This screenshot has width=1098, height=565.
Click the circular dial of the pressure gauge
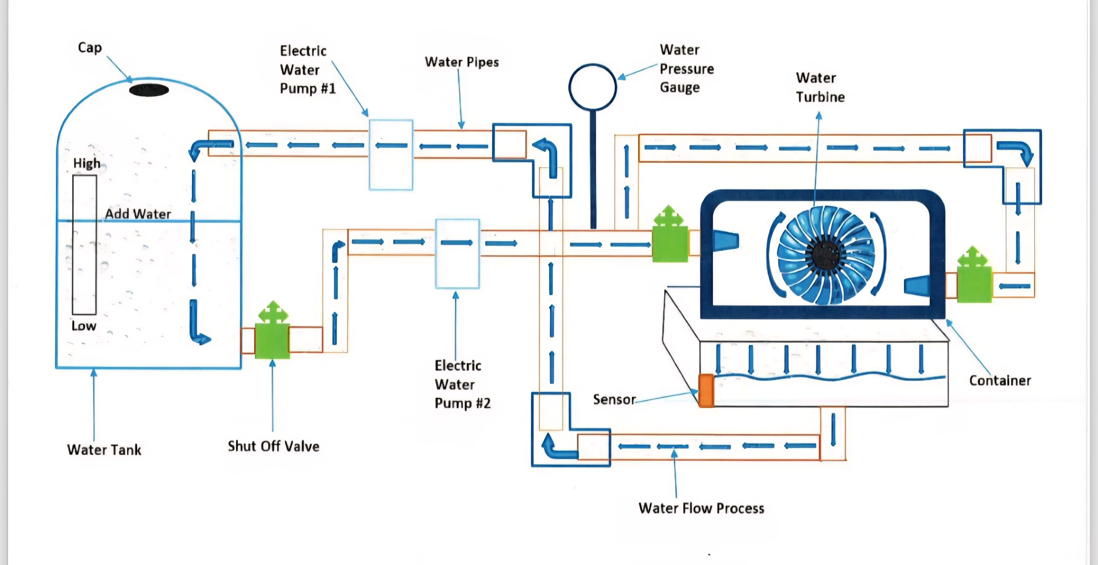pos(592,87)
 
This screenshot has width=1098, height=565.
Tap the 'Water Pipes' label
pos(462,62)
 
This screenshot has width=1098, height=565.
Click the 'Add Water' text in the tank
pos(138,214)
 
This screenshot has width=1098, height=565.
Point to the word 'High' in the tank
pos(87,163)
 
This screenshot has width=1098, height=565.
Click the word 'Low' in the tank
pos(84,326)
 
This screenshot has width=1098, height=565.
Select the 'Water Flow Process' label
pos(701,508)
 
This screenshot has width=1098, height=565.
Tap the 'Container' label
pos(1000,381)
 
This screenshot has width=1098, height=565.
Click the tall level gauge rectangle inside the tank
pos(84,245)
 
